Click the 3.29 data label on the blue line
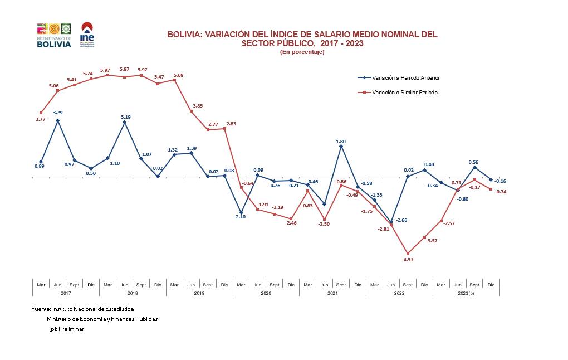pos(57,113)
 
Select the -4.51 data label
pos(409,260)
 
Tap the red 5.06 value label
pos(54,86)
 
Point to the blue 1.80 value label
pos(341,142)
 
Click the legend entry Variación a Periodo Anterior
pos(401,78)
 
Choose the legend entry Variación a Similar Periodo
pos(401,92)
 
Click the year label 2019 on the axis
pos(199,293)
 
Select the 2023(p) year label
pos(466,293)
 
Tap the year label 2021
pos(332,293)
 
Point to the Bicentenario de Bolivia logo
pos(54,35)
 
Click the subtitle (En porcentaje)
pos(302,52)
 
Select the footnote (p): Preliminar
pos(66,329)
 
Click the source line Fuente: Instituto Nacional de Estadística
pos(82,309)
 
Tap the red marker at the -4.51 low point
pos(408,254)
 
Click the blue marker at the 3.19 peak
pos(124,122)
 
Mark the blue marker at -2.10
pos(241,212)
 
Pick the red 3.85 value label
pos(198,106)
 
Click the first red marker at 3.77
pos(41,113)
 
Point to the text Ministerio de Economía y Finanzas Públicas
pos(102,319)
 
